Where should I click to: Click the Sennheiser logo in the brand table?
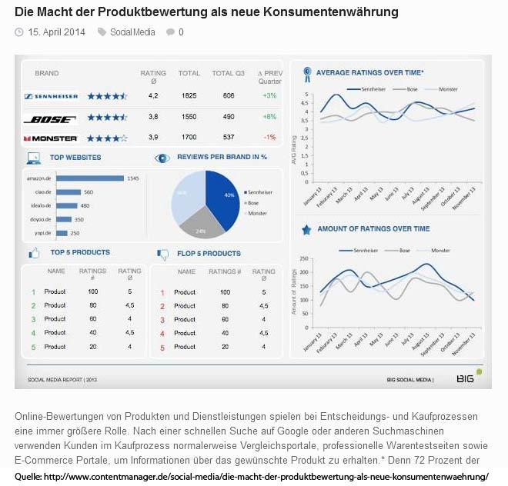tap(51, 96)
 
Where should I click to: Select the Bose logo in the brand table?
tap(51, 118)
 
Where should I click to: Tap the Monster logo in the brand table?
tap(51, 138)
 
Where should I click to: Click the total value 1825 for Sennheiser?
tap(189, 96)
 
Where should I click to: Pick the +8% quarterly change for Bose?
tap(269, 117)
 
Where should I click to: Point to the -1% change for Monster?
tap(269, 138)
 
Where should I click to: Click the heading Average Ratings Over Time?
tap(369, 72)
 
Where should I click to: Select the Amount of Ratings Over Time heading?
tap(373, 229)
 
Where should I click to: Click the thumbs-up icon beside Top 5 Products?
tap(34, 253)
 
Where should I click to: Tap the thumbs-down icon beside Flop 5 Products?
tap(162, 254)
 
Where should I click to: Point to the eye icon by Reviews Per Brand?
tap(162, 158)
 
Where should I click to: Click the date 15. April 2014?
tap(56, 32)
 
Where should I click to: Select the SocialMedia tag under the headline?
tap(132, 32)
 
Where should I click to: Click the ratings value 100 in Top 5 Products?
tap(93, 292)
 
